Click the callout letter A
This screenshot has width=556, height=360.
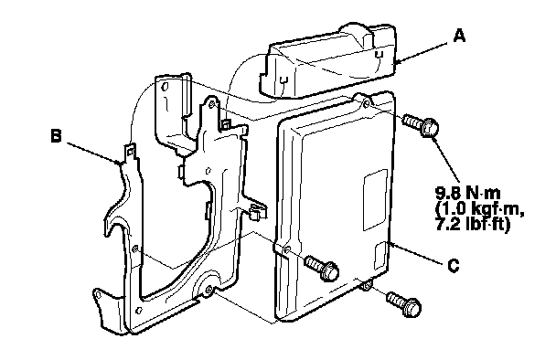459,36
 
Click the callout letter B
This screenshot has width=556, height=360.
57,136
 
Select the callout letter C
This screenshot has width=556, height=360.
454,265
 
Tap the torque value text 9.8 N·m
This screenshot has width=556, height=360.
467,193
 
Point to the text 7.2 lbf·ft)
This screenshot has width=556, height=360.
472,224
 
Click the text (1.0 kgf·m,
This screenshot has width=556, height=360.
479,208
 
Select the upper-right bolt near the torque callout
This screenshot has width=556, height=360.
421,125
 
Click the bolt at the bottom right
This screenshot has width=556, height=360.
404,303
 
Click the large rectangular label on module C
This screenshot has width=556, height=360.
376,200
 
